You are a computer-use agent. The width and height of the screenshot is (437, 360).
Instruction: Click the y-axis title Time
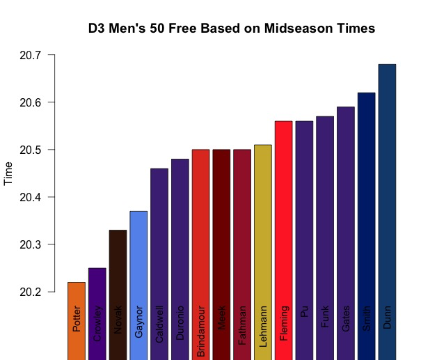[x=9, y=173]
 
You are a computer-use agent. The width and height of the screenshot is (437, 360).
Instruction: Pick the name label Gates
[x=346, y=318]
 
